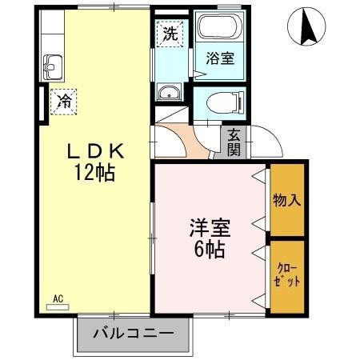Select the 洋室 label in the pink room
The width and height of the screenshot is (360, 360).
click(210, 227)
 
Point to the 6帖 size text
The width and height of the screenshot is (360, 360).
click(210, 248)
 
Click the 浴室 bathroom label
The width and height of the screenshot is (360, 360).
click(220, 58)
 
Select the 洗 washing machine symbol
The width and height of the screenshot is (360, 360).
click(170, 34)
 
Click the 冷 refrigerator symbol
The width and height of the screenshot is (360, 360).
click(63, 101)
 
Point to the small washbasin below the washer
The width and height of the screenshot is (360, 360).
click(170, 95)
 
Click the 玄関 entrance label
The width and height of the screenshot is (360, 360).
click(234, 142)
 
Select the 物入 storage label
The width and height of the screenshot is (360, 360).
click(286, 200)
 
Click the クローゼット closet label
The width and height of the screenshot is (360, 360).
click(286, 276)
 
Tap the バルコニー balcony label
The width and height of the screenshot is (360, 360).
click(134, 332)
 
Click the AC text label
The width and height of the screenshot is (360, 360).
click(58, 298)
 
